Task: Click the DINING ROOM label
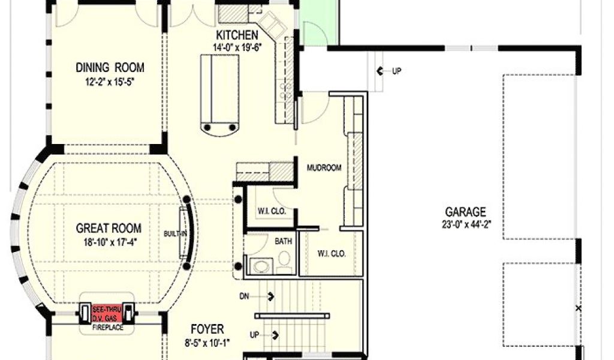tap(110, 67)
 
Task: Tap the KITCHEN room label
tap(237, 35)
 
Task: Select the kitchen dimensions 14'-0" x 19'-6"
tap(237, 47)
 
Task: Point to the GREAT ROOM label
tap(109, 229)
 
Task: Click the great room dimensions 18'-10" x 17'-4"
tap(110, 242)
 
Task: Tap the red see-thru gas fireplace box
tap(107, 313)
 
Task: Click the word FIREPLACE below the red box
tap(108, 328)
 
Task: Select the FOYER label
tap(207, 329)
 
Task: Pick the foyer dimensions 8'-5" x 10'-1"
tap(207, 343)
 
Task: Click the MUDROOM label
tap(324, 168)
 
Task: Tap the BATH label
tap(283, 241)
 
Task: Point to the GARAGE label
tap(465, 212)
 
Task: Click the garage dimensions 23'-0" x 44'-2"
tap(466, 225)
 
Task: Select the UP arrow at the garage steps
tap(380, 71)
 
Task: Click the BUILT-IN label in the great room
tap(174, 234)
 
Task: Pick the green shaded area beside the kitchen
tap(319, 23)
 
